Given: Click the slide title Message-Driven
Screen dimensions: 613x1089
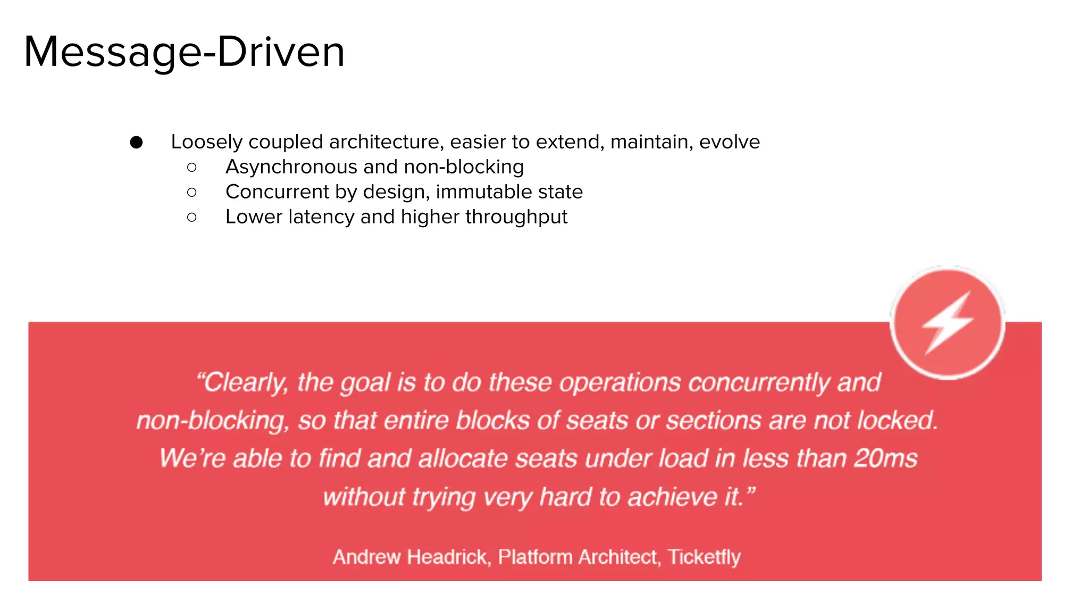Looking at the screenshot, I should [x=184, y=52].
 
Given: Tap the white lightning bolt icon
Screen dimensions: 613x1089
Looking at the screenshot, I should [x=948, y=322].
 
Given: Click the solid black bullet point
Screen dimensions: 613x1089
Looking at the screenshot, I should [x=136, y=142].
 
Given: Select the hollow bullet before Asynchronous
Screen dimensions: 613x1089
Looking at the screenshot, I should [x=192, y=168].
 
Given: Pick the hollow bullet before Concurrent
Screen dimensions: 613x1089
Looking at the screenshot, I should [x=192, y=192].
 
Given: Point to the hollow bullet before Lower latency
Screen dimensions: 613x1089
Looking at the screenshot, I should [x=192, y=217].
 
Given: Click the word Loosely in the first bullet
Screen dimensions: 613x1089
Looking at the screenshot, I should [x=206, y=142].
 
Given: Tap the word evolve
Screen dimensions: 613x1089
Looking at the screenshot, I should [x=729, y=142].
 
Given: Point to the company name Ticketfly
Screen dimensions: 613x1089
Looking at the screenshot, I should [x=704, y=557].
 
